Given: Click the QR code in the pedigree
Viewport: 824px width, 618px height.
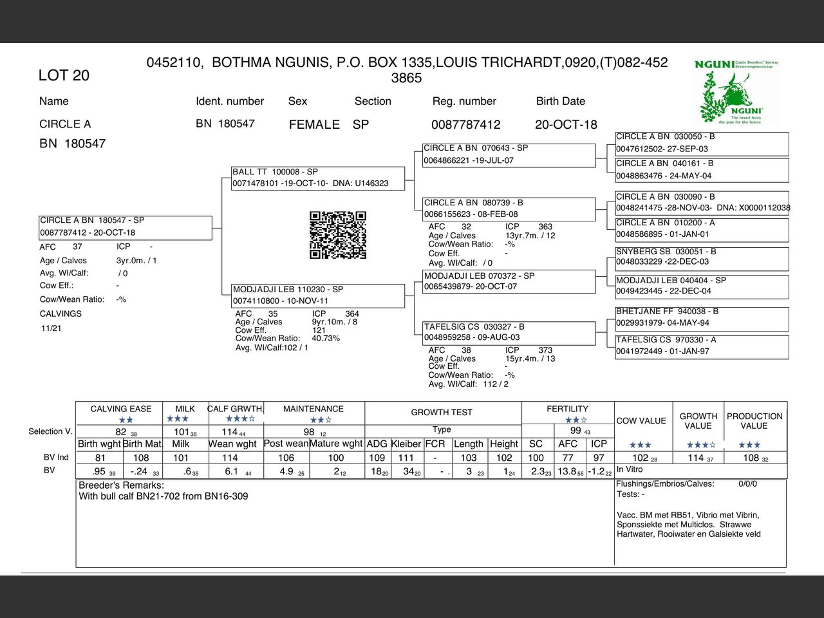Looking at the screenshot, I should [x=338, y=235].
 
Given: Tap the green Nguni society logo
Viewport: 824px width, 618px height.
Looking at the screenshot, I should [x=736, y=91].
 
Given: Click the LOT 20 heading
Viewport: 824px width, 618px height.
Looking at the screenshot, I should [x=64, y=75].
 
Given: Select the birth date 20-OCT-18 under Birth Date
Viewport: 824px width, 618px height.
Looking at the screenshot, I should [x=566, y=124].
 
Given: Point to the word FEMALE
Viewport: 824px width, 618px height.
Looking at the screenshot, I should [x=314, y=124].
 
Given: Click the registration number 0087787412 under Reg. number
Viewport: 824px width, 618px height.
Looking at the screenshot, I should [x=465, y=124].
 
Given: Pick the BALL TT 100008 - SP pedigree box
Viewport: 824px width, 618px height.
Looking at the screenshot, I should [x=318, y=178].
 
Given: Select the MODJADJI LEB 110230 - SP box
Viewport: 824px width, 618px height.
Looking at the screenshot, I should [x=318, y=295].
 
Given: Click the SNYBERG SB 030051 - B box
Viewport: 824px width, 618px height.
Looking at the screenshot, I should [x=701, y=257].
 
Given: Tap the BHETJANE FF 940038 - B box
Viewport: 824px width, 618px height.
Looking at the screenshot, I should [x=701, y=317].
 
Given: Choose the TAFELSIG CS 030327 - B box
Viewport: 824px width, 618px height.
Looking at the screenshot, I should [x=509, y=332].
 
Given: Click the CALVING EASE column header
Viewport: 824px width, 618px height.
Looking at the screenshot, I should [x=121, y=409].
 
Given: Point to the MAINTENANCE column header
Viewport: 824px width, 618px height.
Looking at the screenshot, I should [x=314, y=409].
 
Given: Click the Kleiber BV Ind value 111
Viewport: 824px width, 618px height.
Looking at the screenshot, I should [x=406, y=458].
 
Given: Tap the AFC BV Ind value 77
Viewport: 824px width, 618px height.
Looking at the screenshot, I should [x=567, y=458].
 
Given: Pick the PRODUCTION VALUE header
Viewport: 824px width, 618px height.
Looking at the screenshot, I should [x=754, y=421].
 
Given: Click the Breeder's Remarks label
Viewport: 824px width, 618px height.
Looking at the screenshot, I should [x=121, y=485].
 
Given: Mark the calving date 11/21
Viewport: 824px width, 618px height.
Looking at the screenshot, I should [x=51, y=328].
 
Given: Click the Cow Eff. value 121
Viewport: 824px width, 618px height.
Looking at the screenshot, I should [x=319, y=330].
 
